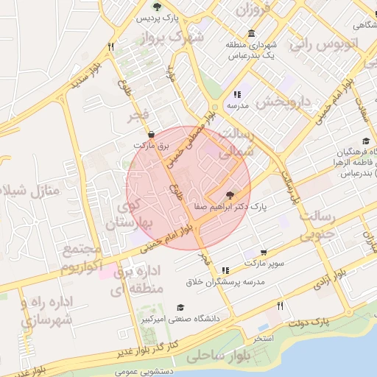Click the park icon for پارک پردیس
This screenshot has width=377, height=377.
156,6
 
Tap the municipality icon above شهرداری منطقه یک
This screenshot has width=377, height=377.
252,34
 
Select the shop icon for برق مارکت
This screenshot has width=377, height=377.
152,135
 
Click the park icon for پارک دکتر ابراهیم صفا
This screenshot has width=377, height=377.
230,195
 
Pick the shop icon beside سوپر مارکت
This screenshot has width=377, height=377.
264,252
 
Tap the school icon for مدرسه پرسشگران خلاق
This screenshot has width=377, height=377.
225,270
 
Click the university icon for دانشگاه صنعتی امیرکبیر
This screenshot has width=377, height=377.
180,308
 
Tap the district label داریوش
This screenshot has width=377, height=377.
264,102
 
